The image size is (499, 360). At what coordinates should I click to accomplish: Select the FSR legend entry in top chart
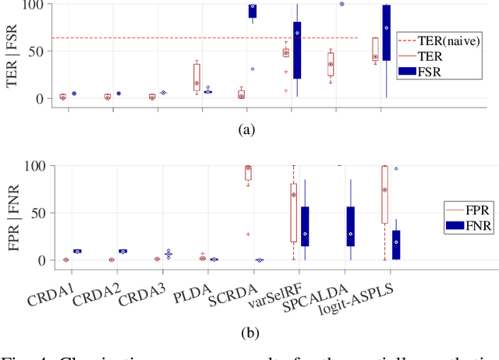click(x=441, y=72)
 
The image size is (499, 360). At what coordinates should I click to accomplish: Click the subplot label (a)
click(x=247, y=130)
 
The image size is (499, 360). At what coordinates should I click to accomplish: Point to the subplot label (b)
click(x=247, y=334)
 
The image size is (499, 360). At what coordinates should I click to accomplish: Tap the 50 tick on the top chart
click(x=34, y=51)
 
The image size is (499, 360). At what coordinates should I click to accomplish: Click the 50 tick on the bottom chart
click(x=34, y=213)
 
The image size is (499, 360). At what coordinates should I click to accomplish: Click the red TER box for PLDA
click(x=196, y=77)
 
